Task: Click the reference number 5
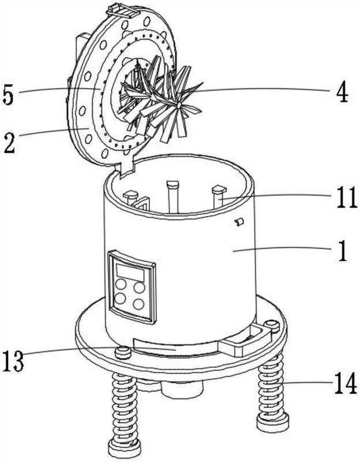(x=8, y=94)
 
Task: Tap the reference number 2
(x=9, y=142)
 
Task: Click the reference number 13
(x=13, y=361)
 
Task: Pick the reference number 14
(x=346, y=383)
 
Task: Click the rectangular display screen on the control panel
(x=130, y=273)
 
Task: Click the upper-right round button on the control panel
(x=139, y=288)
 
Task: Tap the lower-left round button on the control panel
(x=121, y=299)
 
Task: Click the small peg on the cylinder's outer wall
(x=239, y=222)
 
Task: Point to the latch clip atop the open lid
(x=122, y=11)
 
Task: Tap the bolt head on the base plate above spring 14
(x=271, y=325)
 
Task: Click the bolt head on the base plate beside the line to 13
(x=123, y=352)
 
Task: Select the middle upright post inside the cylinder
(x=172, y=196)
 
